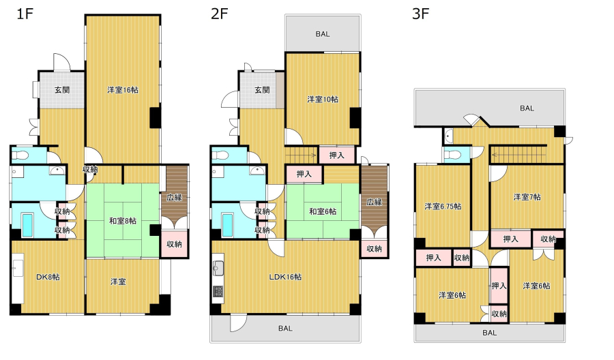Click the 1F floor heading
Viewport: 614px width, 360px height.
click(25, 14)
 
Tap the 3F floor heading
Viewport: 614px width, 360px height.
click(420, 14)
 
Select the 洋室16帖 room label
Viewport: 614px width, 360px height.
click(123, 90)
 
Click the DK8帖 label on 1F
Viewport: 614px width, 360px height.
click(48, 277)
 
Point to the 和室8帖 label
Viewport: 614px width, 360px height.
click(123, 221)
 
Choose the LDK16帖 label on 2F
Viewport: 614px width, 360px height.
click(285, 277)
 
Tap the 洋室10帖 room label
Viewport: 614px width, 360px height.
click(323, 100)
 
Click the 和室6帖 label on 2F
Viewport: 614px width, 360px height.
click(323, 211)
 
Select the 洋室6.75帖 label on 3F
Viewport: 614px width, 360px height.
click(443, 206)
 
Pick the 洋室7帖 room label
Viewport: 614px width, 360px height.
click(527, 197)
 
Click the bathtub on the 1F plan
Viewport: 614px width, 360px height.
click(27, 225)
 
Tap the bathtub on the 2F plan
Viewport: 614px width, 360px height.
click(227, 225)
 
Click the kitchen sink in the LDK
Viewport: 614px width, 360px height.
click(218, 269)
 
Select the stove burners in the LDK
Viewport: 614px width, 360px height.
click(218, 292)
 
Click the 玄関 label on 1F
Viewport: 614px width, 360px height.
click(62, 90)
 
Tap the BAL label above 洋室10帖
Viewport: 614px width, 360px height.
click(323, 34)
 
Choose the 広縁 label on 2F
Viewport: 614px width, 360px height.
click(375, 202)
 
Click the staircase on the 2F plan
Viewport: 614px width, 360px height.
click(301, 155)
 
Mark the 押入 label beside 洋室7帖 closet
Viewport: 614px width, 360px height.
click(510, 239)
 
